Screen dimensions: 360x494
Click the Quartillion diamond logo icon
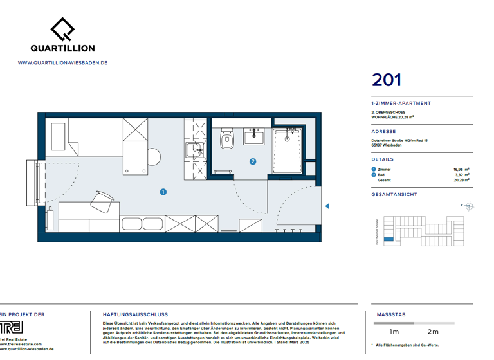(62, 28)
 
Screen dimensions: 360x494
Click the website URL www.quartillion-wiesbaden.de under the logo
(62, 63)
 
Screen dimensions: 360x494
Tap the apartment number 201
(387, 80)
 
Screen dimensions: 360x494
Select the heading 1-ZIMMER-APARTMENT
(401, 103)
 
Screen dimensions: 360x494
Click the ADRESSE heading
(383, 131)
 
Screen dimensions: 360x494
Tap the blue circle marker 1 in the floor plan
(163, 192)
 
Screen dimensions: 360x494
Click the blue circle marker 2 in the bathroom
(253, 161)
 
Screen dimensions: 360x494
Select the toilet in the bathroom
(226, 139)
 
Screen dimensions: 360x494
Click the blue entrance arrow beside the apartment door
(327, 206)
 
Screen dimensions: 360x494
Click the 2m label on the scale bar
(433, 332)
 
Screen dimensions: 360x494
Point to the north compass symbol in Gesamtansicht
(468, 206)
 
